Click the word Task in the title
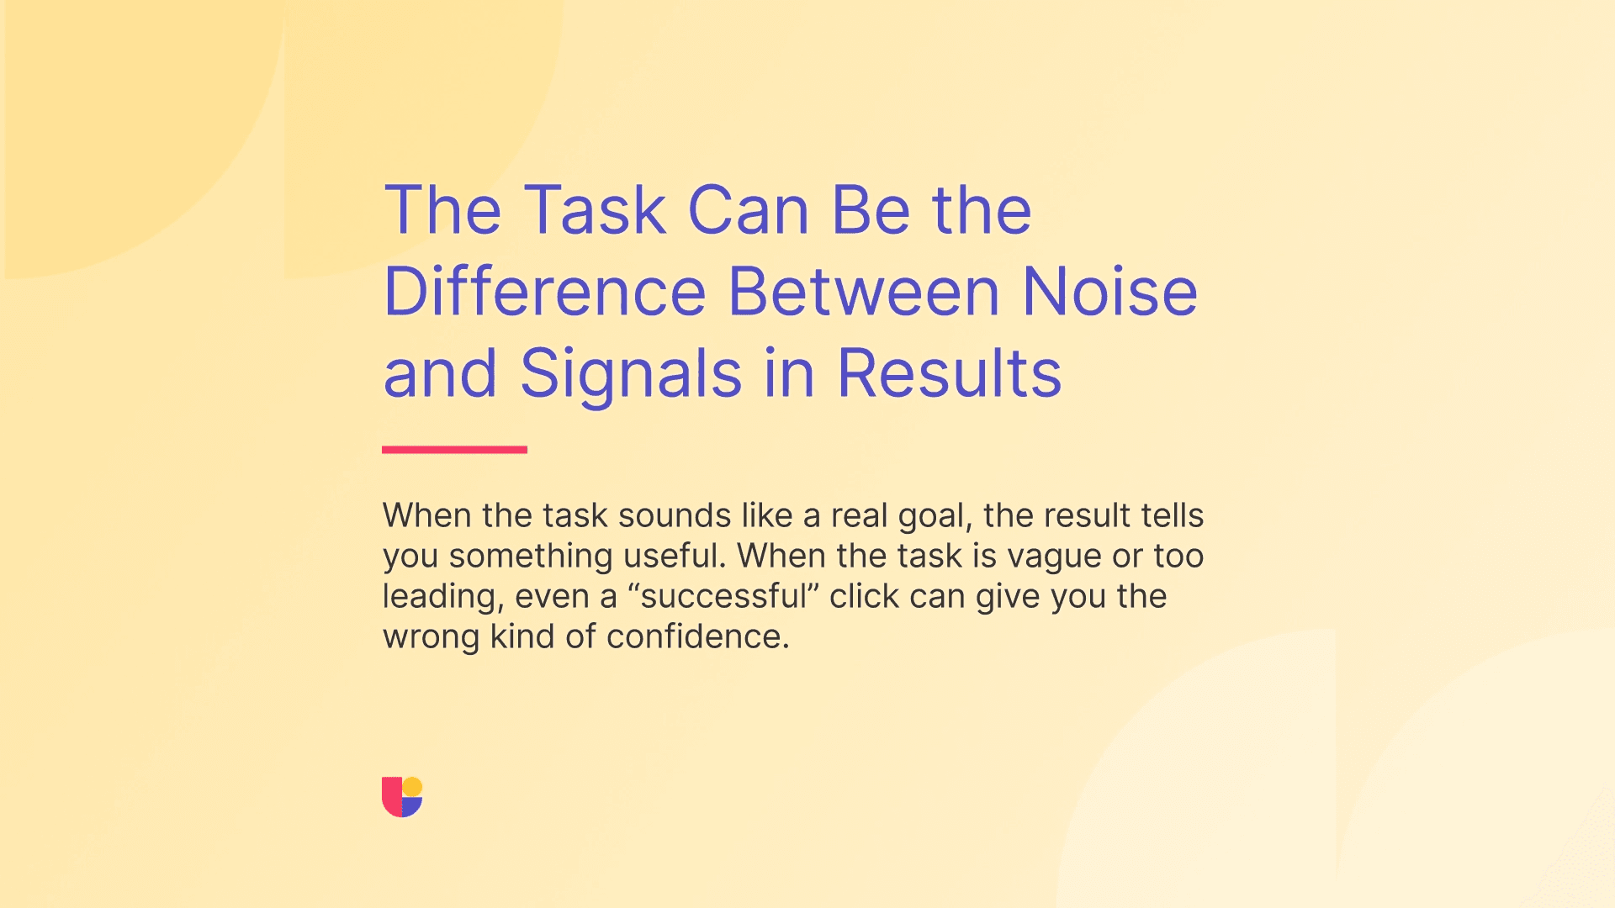[x=595, y=210]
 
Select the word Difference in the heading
[x=545, y=292]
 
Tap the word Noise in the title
[x=1109, y=292]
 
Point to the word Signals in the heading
[x=631, y=374]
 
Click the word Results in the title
[x=949, y=373]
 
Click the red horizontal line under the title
[x=454, y=450]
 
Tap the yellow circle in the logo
[x=412, y=787]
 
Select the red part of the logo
[x=391, y=799]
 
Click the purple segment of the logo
[x=411, y=807]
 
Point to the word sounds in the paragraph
[x=675, y=515]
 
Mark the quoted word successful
[x=723, y=596]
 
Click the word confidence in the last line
[x=697, y=636]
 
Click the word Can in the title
[x=748, y=210]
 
